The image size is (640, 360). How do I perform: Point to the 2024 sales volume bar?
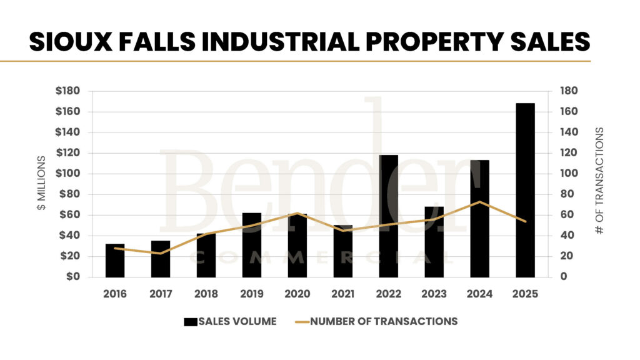tap(479, 218)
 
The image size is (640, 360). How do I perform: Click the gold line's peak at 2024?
tap(479, 202)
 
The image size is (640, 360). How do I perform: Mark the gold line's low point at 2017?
tap(161, 253)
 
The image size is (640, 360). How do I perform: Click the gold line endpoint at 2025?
tap(525, 221)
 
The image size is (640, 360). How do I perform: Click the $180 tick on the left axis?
tap(67, 91)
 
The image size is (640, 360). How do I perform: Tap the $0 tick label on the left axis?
tap(72, 276)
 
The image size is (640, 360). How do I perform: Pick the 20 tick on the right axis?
tap(565, 256)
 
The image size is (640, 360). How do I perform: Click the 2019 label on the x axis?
tap(252, 293)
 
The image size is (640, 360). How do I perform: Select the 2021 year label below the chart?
tap(342, 293)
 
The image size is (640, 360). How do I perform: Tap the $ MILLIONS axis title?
tap(41, 184)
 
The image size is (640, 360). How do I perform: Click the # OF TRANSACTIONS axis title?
tap(599, 181)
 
